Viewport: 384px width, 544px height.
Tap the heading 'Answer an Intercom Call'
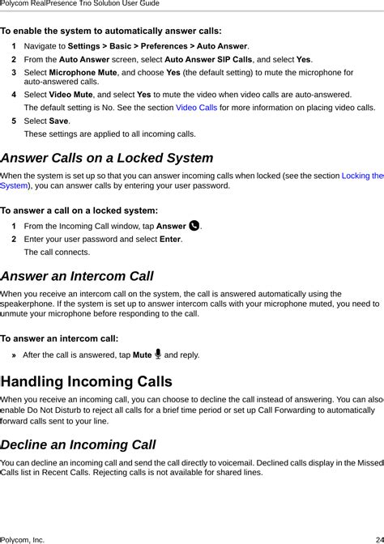pos(77,276)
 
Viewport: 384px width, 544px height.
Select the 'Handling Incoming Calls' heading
pos(87,381)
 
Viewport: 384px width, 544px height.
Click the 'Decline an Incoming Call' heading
pos(78,444)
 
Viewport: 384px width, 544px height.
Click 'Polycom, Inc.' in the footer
pos(22,538)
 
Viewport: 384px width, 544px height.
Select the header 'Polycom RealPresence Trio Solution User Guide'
pos(79,4)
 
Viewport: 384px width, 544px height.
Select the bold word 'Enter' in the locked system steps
pos(169,239)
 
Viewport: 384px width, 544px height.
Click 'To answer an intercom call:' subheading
pos(60,338)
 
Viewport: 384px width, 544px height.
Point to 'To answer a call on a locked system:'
pos(79,210)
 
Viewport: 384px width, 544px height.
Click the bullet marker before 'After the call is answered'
pos(15,355)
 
